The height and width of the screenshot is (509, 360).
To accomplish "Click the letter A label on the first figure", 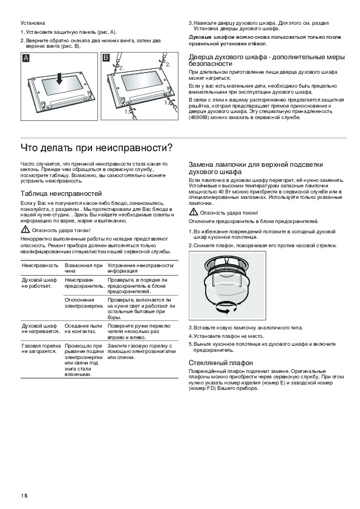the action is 25,59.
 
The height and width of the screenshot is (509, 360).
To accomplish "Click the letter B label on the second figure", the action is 106,58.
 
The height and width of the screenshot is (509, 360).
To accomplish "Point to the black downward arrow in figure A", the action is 59,79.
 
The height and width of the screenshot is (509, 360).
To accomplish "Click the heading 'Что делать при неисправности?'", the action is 96,148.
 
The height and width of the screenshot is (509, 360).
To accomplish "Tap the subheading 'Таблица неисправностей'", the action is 61,193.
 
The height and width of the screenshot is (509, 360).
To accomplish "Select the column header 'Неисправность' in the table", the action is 40,265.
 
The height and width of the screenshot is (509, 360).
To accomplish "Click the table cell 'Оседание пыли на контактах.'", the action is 83,328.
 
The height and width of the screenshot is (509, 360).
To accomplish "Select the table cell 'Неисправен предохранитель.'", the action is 85,283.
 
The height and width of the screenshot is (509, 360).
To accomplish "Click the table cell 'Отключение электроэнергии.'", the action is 84,303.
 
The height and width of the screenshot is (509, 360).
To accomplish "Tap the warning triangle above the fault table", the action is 25,230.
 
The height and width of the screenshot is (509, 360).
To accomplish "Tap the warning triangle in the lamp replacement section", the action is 194,212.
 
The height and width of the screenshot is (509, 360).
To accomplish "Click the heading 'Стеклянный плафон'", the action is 221,363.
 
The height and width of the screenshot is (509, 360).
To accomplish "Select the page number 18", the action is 24,495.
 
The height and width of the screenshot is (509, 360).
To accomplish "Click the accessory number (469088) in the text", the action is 199,117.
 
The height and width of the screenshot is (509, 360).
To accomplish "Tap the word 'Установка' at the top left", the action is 33,23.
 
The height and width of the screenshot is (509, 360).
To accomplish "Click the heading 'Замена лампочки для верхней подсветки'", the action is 256,164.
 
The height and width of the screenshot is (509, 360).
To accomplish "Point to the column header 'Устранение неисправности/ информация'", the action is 141,268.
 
